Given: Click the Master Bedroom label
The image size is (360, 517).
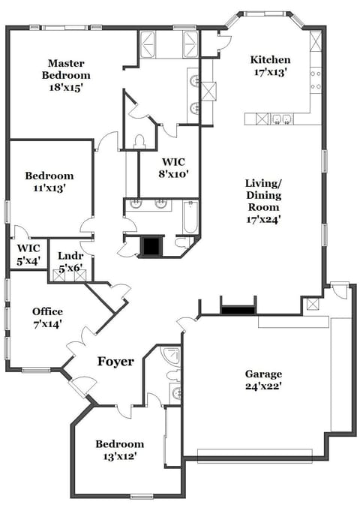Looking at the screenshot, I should point(65,75).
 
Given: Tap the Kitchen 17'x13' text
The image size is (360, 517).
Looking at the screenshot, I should point(270,66).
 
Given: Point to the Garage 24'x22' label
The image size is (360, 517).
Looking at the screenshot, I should point(264,380).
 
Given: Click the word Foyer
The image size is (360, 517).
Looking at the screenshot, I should point(115,362).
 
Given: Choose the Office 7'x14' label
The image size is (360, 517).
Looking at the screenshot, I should point(47,317).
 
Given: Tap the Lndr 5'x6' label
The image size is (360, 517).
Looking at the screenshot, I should point(70,261).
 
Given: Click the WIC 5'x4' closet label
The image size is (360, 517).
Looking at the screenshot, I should point(28,254).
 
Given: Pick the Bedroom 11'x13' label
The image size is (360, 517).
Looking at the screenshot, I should point(49,182).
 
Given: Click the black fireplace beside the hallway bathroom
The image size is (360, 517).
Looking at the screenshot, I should point(153,246).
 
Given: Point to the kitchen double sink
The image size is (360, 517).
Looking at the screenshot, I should point(281,118).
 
